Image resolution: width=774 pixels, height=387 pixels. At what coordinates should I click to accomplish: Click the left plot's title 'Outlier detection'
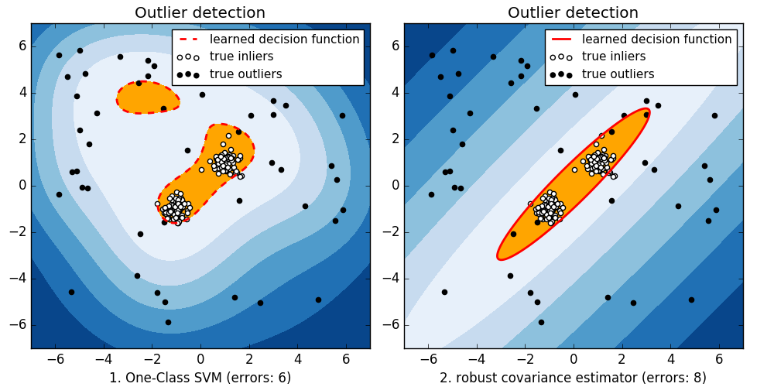(200, 12)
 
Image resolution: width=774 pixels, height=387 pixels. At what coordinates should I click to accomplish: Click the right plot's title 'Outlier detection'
(573, 12)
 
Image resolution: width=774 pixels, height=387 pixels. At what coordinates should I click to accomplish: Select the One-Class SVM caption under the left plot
(200, 378)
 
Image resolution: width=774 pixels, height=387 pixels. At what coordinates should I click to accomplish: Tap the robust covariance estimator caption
(573, 378)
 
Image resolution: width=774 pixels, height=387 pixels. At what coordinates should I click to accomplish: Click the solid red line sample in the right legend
(561, 39)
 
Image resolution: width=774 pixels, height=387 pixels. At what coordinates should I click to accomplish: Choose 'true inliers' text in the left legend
(245, 57)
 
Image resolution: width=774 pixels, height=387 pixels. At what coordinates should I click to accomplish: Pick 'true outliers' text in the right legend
(618, 74)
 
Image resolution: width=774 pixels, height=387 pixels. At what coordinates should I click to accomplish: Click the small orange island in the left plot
(147, 98)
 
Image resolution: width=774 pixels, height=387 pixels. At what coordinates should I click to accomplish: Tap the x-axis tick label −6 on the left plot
(56, 359)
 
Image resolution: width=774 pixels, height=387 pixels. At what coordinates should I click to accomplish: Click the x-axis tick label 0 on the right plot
(574, 359)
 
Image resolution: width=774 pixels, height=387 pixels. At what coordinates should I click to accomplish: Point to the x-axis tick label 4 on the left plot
(297, 359)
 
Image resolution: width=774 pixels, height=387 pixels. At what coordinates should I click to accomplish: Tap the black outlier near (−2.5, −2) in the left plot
(140, 234)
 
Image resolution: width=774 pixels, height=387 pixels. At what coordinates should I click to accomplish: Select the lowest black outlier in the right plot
(541, 322)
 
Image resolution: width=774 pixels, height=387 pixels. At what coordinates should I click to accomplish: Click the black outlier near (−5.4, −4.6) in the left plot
(71, 292)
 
